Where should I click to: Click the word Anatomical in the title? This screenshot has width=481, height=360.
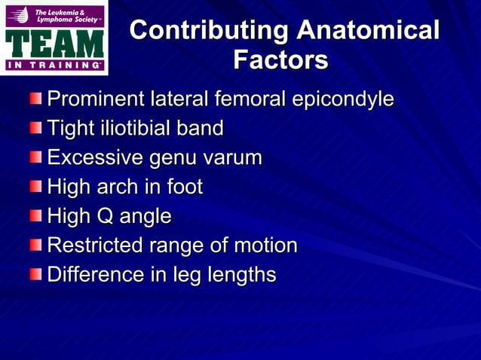pyautogui.click(x=368, y=31)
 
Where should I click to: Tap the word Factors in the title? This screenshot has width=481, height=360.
pyautogui.click(x=280, y=59)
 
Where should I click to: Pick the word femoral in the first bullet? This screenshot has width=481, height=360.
pyautogui.click(x=251, y=99)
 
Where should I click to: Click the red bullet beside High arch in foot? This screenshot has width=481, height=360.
pyautogui.click(x=37, y=186)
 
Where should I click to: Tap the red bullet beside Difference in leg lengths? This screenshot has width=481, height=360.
pyautogui.click(x=37, y=273)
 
